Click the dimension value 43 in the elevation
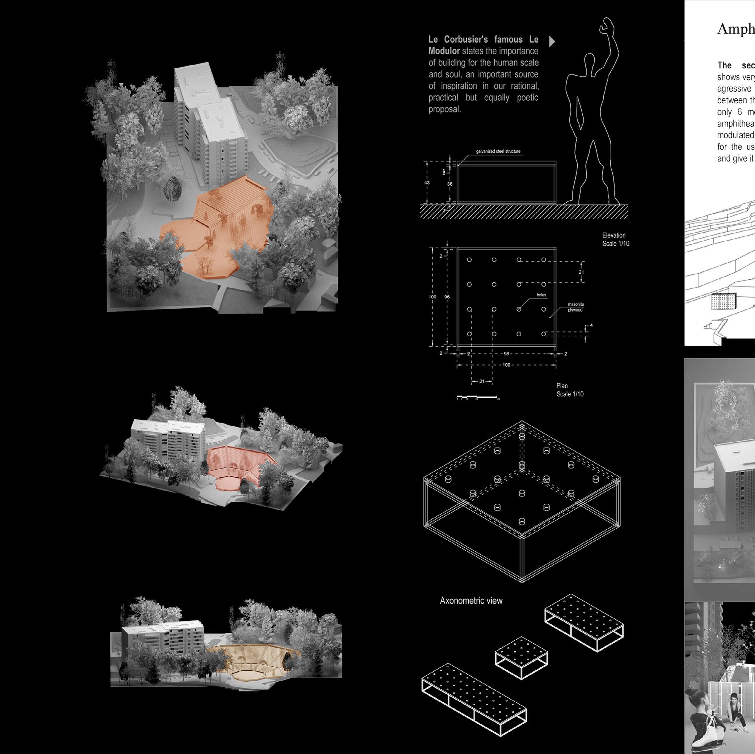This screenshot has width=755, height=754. click(427, 183)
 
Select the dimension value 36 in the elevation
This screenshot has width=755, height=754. click(450, 184)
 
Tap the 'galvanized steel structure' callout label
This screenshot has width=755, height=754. click(498, 151)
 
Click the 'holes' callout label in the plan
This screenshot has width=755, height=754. click(541, 295)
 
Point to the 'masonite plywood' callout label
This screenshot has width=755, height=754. click(575, 307)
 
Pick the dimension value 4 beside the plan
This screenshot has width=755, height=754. click(591, 325)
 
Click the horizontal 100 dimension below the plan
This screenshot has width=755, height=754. click(506, 365)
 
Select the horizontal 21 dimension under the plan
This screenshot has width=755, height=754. click(481, 381)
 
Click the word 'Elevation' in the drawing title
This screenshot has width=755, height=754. click(613, 235)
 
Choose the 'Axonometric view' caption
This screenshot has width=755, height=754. click(471, 601)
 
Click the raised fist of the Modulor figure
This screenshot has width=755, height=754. click(607, 24)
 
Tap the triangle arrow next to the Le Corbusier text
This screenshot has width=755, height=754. click(552, 41)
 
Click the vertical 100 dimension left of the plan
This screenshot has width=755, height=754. click(432, 297)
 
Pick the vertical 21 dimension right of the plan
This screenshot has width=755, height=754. click(581, 272)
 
